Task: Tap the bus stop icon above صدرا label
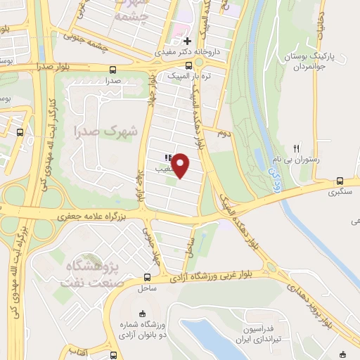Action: tap(113, 70)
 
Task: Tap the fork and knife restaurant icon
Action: tap(297, 148)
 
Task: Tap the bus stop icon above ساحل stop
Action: tap(147, 276)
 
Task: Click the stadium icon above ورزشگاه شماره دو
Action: tap(143, 314)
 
